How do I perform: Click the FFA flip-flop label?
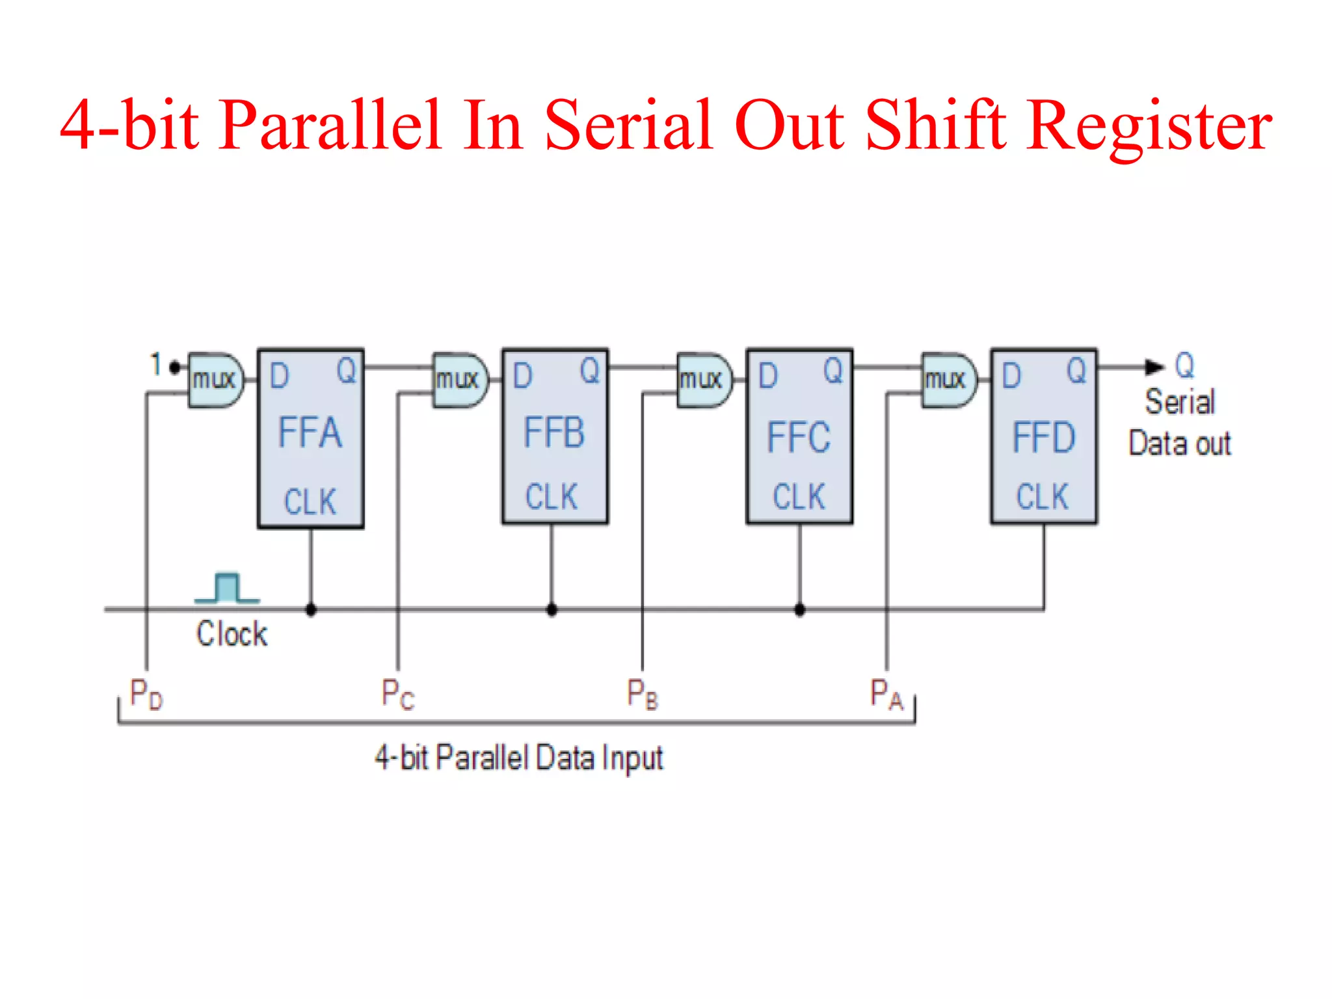point(310,433)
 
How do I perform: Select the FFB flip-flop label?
point(554,433)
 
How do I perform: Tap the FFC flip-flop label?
point(799,437)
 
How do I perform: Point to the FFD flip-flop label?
point(1043,437)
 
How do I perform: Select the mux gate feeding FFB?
point(460,380)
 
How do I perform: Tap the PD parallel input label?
point(146,694)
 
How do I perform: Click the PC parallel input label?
point(397,694)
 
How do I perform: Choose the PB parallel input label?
point(642,694)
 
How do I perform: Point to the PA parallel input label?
point(886,694)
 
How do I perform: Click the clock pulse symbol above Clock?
point(227,588)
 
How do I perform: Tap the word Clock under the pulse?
point(232,634)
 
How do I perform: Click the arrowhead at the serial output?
point(1154,367)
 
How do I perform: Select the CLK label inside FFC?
point(799,497)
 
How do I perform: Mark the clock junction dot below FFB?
point(552,610)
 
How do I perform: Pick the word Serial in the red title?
point(628,125)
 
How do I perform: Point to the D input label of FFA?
point(279,376)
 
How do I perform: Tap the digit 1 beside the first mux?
point(155,364)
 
